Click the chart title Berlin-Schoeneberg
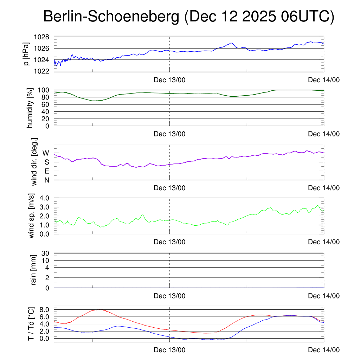(111, 17)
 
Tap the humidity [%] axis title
(30, 108)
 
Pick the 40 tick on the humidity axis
(46, 111)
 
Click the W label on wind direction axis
(46, 153)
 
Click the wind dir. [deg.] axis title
(34, 162)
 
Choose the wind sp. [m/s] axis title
(32, 216)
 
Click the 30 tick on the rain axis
(46, 253)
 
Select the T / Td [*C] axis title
(31, 324)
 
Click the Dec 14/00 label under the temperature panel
(324, 350)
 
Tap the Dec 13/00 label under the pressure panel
(169, 80)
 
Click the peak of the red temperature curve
(100, 310)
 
